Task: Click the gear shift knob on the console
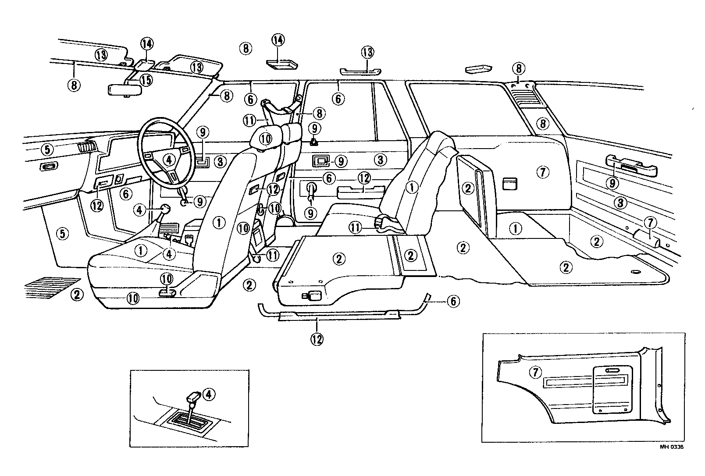tap(165, 209)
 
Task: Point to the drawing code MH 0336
tap(671, 447)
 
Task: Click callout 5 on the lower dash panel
tap(62, 234)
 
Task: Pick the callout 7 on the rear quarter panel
tap(542, 172)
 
